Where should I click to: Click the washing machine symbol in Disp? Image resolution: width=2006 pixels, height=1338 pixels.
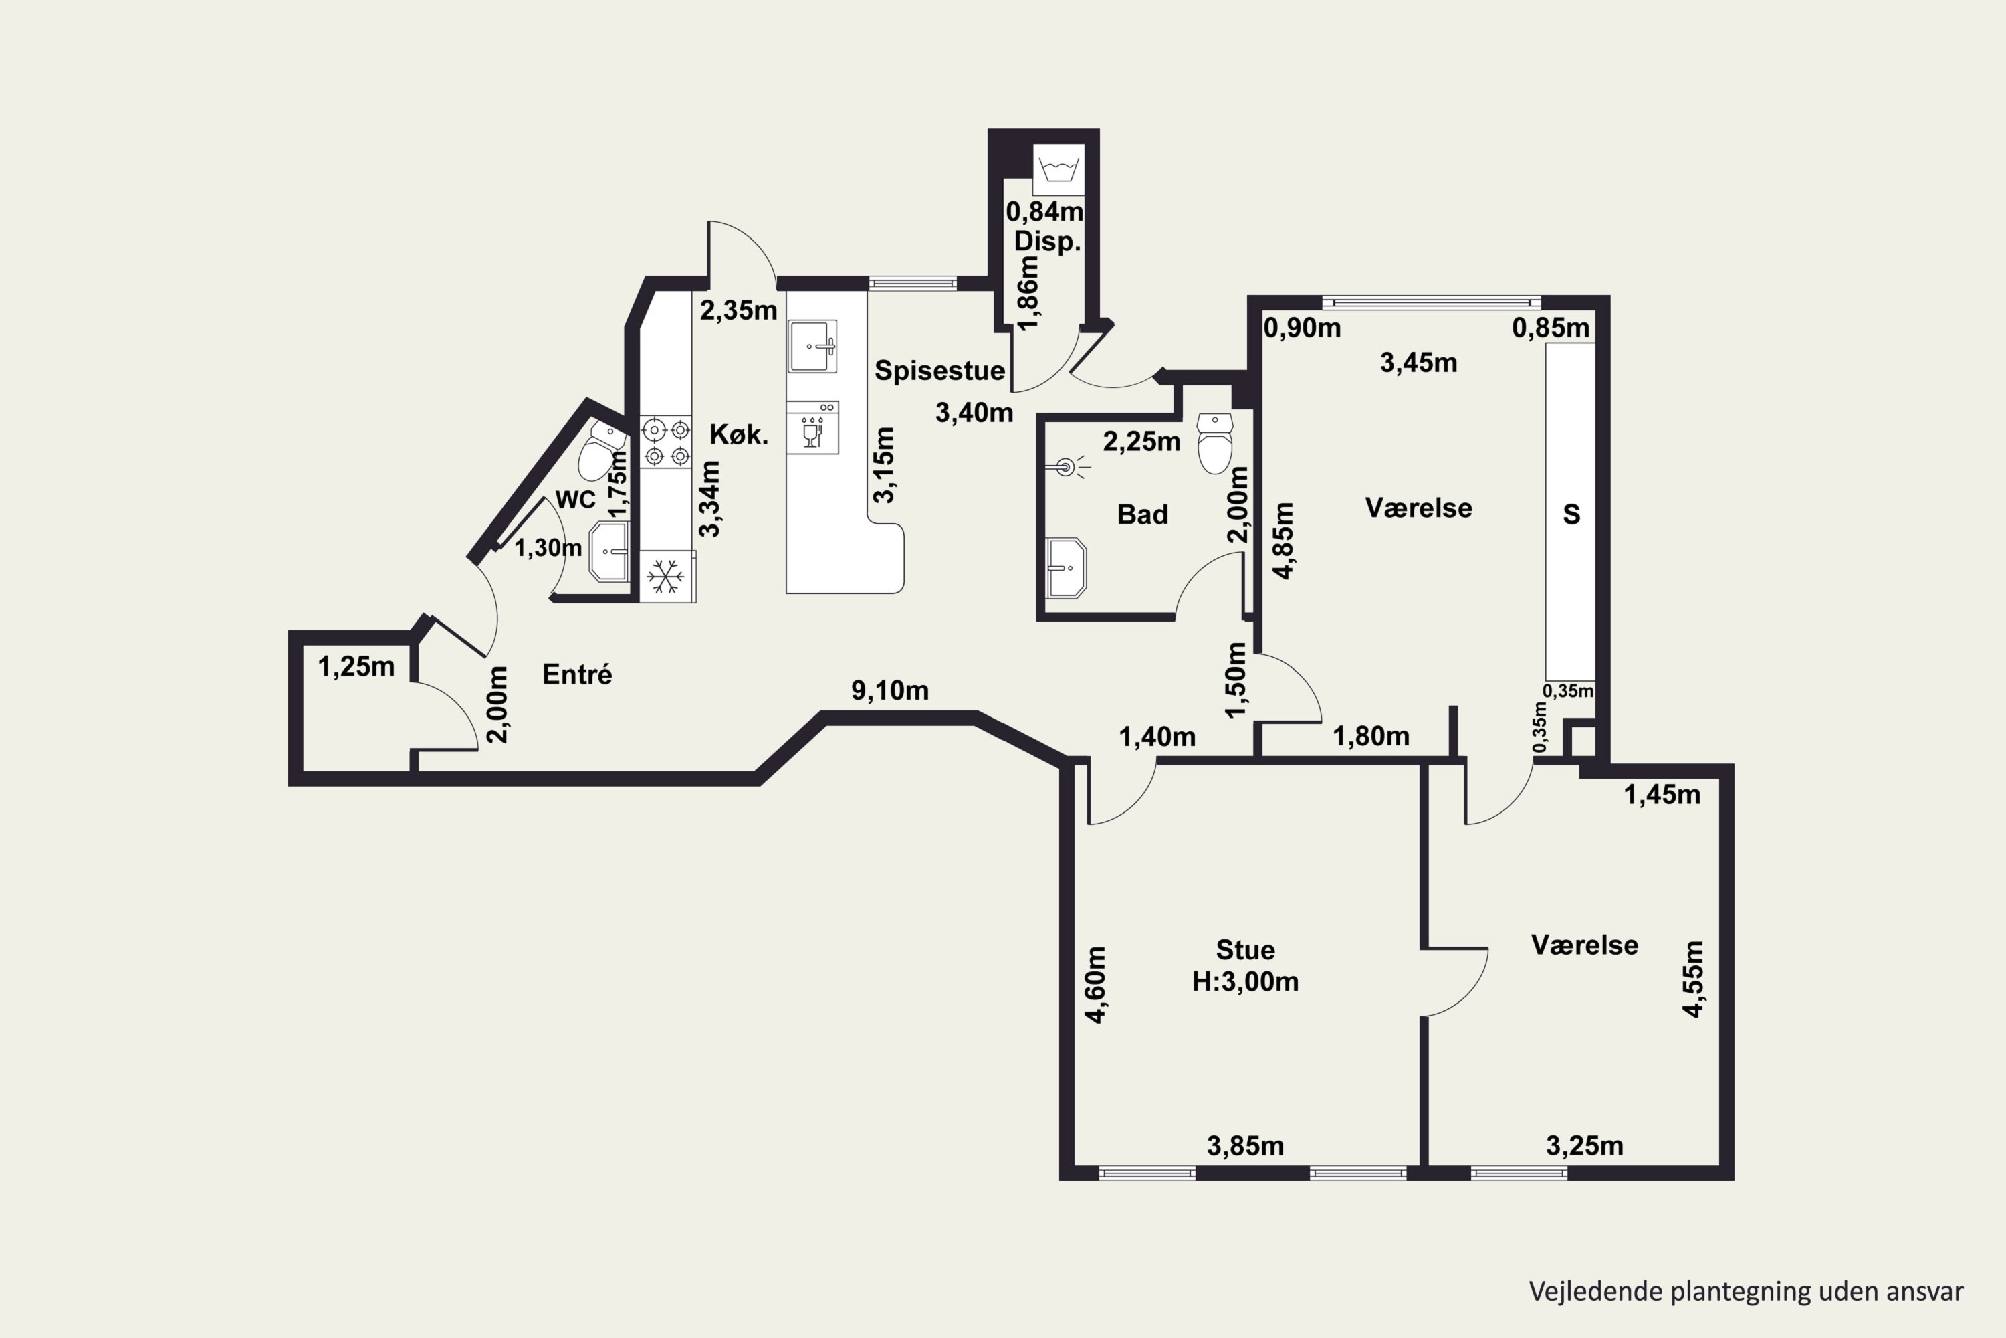[x=1058, y=169]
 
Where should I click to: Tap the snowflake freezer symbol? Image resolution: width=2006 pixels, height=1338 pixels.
[x=665, y=577]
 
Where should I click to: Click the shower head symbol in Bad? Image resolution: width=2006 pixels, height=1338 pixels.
[x=1068, y=467]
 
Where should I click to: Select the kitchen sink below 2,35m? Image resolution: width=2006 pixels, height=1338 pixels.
[x=812, y=347]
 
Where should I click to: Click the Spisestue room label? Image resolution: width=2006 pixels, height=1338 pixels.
[x=940, y=371]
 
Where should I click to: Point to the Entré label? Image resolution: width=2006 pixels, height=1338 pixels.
[x=578, y=674]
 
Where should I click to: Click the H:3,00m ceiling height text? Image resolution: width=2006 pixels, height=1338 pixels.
[x=1245, y=982]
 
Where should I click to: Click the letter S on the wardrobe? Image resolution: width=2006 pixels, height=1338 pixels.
[x=1571, y=514]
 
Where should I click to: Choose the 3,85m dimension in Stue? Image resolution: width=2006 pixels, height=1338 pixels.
[x=1245, y=1146]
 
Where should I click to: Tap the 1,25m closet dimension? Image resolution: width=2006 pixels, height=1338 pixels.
[x=356, y=666]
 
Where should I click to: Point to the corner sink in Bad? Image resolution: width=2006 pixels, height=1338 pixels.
[x=1066, y=567]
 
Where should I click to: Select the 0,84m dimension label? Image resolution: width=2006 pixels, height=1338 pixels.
[x=1044, y=211]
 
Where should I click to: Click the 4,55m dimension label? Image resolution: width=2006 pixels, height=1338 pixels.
[x=1693, y=979]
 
